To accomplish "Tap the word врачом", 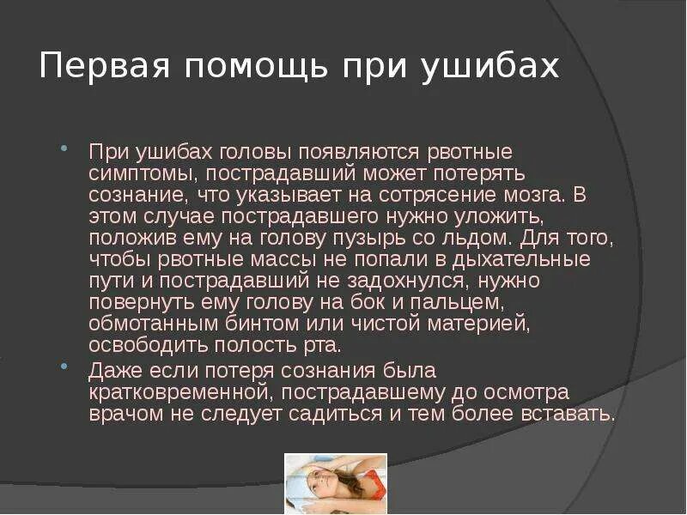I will click(119, 415).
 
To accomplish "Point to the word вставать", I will click(569, 415).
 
